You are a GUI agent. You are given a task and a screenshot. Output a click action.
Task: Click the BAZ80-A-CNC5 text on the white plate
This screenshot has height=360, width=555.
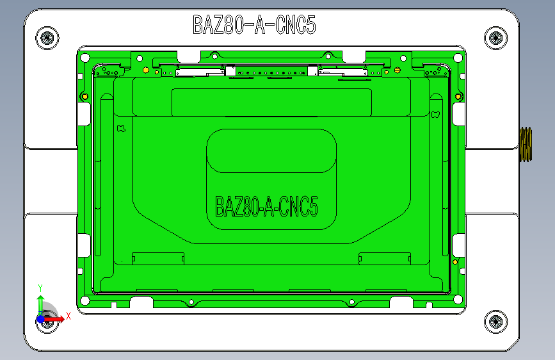coord(254,25)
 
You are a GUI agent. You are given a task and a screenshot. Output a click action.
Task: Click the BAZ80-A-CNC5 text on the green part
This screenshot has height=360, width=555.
coord(267,207)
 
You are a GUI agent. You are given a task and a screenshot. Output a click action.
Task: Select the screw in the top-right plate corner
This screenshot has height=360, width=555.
coord(495,37)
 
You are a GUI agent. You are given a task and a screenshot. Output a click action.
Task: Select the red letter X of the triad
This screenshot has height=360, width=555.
coord(68,316)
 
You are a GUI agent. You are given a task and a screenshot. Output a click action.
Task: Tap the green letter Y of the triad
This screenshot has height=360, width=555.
coord(40,287)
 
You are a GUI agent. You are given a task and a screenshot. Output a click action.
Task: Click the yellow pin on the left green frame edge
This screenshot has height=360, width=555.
coord(84,97)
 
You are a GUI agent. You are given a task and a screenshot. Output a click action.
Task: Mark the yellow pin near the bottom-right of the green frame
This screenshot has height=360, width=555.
coord(454,262)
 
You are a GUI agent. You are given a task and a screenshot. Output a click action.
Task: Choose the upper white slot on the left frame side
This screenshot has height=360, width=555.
coord(83,113)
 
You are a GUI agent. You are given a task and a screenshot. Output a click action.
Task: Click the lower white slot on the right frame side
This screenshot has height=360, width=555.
coord(458,244)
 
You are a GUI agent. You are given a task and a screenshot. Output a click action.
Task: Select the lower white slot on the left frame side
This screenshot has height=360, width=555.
coord(83,244)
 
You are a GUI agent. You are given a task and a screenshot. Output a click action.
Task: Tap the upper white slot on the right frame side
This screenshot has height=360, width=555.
coord(458,113)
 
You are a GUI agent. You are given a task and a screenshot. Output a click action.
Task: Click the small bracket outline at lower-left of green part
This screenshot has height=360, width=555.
coord(157,258)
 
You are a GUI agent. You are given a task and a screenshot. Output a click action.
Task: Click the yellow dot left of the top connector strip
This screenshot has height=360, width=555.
coord(146,69)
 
